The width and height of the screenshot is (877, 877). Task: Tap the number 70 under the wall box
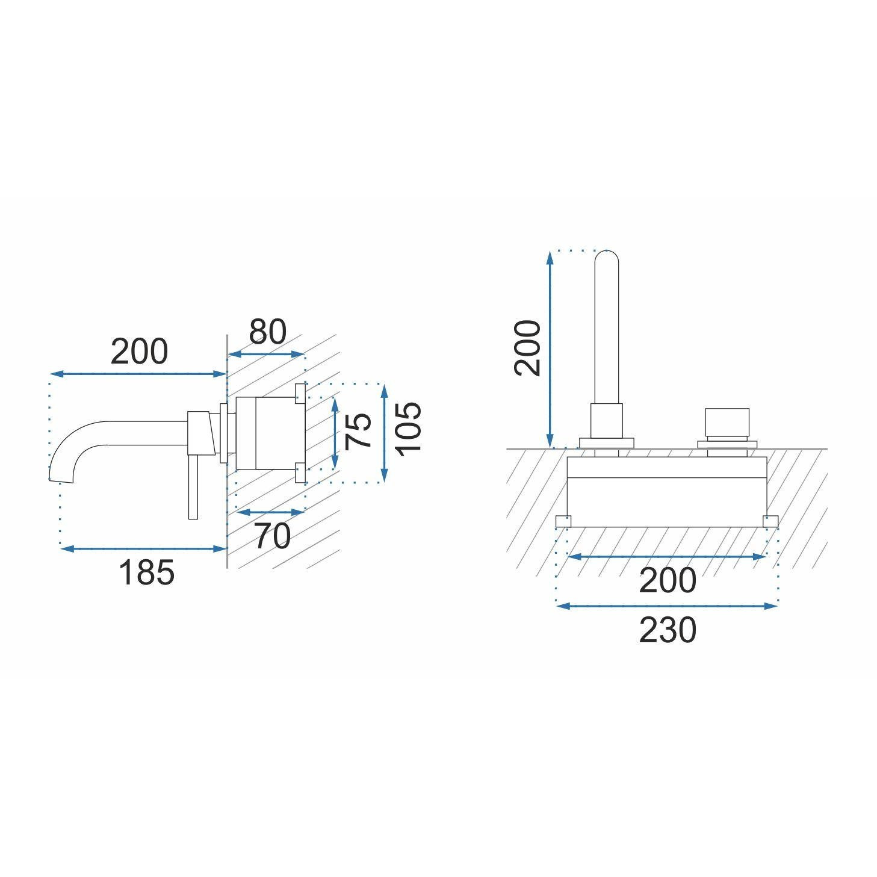pyautogui.click(x=272, y=536)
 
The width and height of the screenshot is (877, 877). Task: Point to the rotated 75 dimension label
pyautogui.click(x=358, y=432)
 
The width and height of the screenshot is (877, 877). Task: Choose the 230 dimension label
pyautogui.click(x=668, y=630)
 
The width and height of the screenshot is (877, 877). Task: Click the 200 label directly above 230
pyautogui.click(x=668, y=580)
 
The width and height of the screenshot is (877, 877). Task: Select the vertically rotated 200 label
pyautogui.click(x=527, y=348)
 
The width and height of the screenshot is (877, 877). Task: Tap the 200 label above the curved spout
pyautogui.click(x=139, y=352)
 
